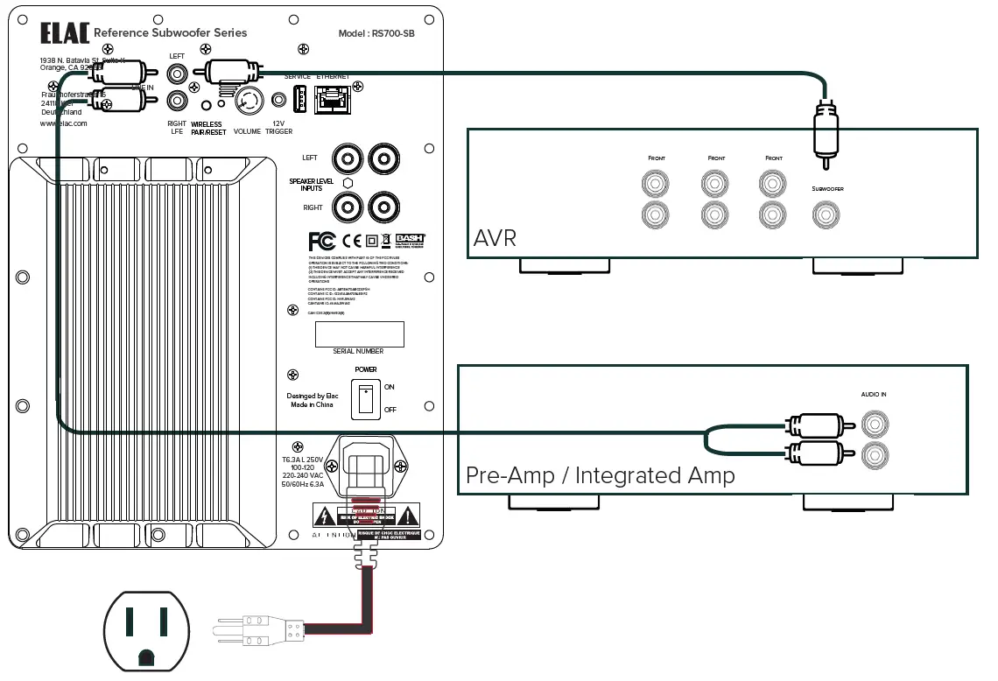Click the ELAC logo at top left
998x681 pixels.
click(x=64, y=33)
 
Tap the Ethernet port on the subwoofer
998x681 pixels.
click(x=332, y=100)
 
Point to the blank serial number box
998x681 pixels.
click(x=360, y=333)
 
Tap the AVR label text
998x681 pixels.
click(x=495, y=239)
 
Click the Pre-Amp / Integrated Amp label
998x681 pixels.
click(x=600, y=475)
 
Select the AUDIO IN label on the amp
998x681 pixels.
click(x=873, y=395)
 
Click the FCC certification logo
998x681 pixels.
click(x=322, y=241)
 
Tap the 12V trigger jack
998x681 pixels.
click(x=279, y=102)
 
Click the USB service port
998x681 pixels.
click(x=298, y=101)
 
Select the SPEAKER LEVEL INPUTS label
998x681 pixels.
click(x=312, y=185)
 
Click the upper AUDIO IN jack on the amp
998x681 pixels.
click(x=873, y=425)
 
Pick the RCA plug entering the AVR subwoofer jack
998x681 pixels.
click(x=823, y=131)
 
